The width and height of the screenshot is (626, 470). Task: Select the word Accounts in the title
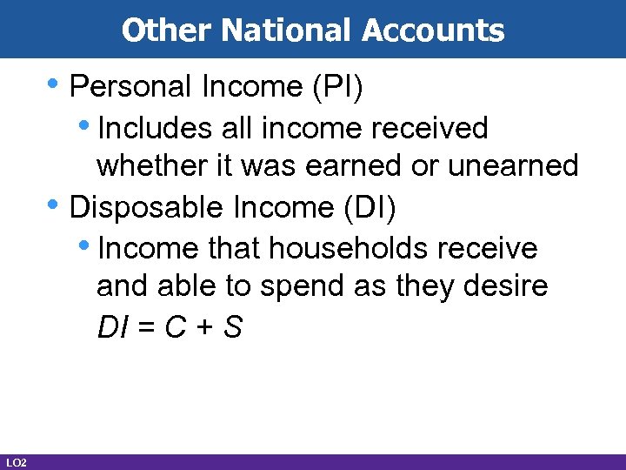[x=433, y=30]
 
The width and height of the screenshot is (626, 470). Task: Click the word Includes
[x=153, y=128]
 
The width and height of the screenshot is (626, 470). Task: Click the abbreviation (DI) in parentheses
[x=373, y=207]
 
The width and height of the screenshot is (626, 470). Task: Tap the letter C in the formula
[x=176, y=327]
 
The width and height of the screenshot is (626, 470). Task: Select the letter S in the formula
[x=232, y=327]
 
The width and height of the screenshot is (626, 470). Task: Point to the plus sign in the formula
[x=204, y=328]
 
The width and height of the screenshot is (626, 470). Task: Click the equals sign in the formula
[x=146, y=328]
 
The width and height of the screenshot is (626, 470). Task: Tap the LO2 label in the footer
[x=15, y=461]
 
